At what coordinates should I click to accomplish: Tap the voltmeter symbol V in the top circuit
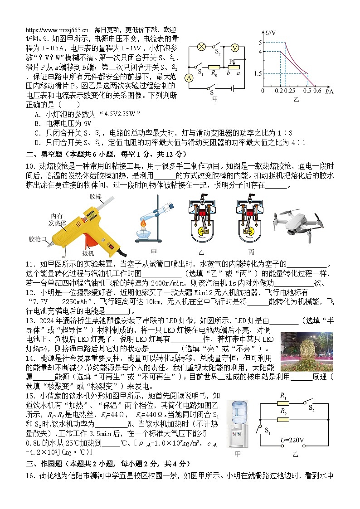point(234,48)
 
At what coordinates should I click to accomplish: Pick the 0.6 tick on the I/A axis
point(317,91)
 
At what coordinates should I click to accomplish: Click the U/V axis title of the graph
point(271,33)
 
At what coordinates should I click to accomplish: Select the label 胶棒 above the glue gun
point(96,197)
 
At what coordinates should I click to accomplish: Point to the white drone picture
point(298,221)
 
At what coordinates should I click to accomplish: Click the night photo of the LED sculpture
point(306,351)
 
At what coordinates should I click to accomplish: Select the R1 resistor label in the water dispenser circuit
point(284,395)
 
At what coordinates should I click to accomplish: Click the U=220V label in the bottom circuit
point(292,440)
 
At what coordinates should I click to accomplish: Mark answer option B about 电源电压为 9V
point(63,123)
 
